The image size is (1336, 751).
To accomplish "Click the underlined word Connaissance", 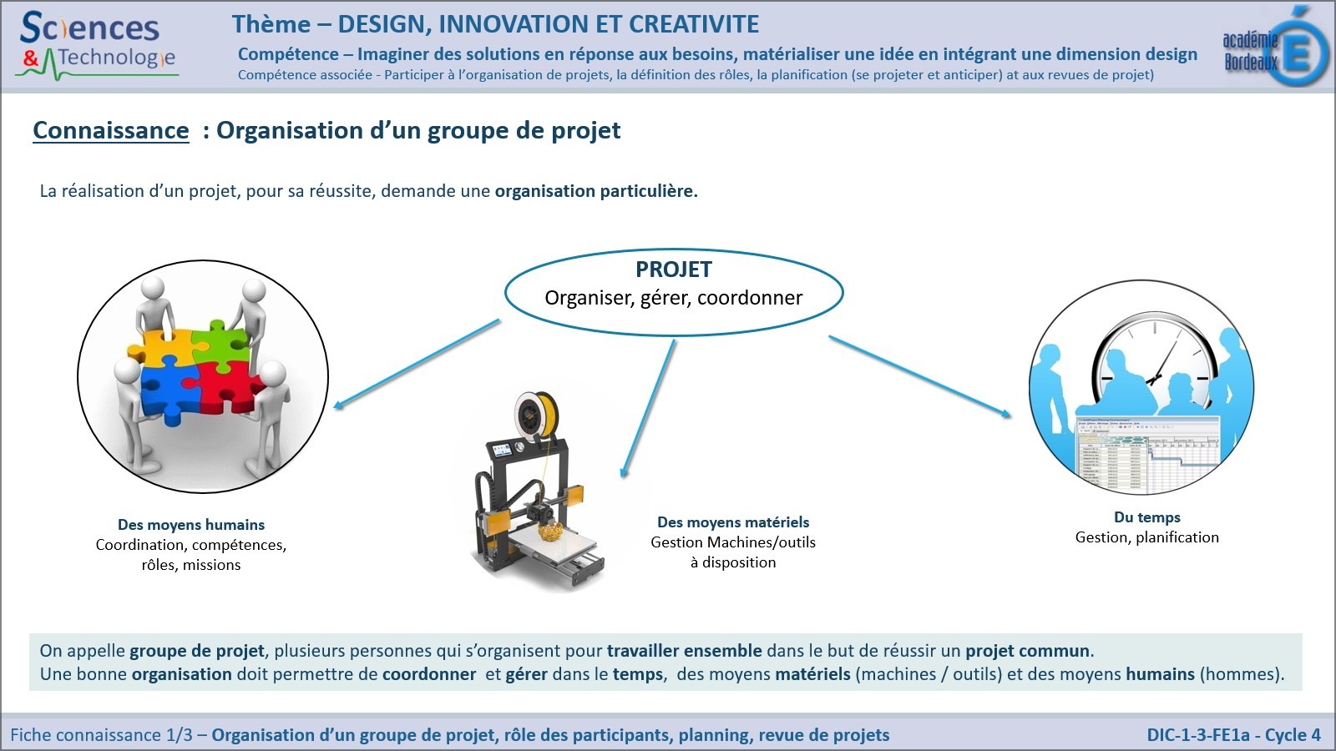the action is click(x=111, y=130).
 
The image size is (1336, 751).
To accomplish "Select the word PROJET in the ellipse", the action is click(x=673, y=270).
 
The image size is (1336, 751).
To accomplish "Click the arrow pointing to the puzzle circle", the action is click(x=417, y=364).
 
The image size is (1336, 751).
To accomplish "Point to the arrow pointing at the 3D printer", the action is click(x=648, y=409).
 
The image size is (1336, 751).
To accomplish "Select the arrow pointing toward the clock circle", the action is click(x=919, y=376).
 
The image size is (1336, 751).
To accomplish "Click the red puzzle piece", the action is click(x=230, y=387).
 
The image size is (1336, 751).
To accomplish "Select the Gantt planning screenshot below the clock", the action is click(x=1147, y=454).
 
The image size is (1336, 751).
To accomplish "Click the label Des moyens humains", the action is click(x=191, y=525).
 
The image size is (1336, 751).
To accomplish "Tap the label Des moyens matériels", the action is click(x=733, y=522).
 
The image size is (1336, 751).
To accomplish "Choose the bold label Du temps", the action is click(x=1147, y=517).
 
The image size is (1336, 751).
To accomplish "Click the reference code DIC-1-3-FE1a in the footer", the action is click(x=1197, y=735).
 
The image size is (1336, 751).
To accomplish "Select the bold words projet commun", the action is click(x=1027, y=651).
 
